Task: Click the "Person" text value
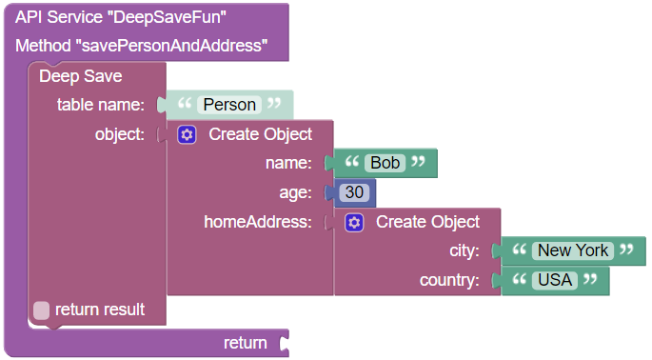tap(229, 104)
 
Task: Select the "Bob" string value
tap(385, 163)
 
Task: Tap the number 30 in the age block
tap(354, 192)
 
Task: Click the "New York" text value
tap(572, 250)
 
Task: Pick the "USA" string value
tap(554, 281)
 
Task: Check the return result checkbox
tap(42, 310)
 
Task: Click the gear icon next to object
tap(187, 134)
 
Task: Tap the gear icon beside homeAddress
tap(354, 222)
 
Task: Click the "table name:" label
tap(100, 104)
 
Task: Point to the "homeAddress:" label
tap(258, 222)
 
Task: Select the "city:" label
tap(464, 251)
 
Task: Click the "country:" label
tap(448, 281)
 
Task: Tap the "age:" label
tap(295, 192)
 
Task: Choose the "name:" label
tap(288, 163)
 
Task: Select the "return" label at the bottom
tap(245, 342)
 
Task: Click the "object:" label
tap(119, 134)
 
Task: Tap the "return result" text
tap(100, 310)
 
